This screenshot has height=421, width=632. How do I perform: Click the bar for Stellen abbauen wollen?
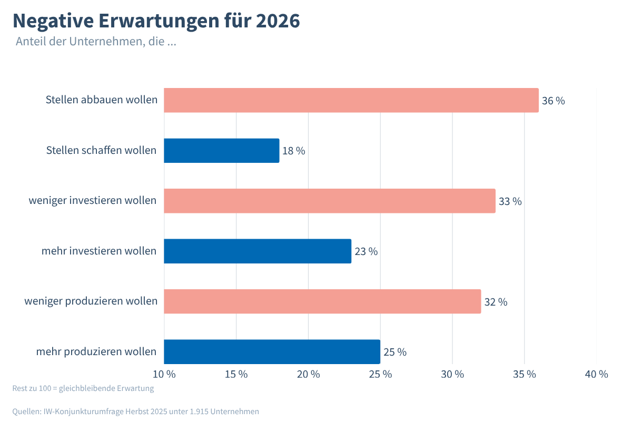(351, 100)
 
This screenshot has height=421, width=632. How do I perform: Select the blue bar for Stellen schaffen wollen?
(221, 151)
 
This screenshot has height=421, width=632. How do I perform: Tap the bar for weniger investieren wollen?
(330, 201)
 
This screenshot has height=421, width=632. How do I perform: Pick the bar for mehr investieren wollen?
(258, 251)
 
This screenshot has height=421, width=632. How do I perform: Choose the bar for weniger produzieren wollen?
(322, 301)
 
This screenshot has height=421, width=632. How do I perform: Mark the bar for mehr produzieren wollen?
(272, 351)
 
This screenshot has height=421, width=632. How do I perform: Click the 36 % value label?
(553, 101)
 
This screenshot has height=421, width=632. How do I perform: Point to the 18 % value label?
(293, 151)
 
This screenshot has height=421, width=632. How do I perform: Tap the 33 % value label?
(510, 201)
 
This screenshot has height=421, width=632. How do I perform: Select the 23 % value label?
(366, 252)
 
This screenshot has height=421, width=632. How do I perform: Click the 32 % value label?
(496, 302)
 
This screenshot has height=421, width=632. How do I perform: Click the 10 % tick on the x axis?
(164, 374)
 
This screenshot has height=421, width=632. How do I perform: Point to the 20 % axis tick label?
(308, 374)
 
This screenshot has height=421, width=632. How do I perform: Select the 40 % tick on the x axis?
(596, 374)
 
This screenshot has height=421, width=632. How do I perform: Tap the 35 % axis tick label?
(525, 374)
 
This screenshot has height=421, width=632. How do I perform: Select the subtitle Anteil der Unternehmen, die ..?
(96, 42)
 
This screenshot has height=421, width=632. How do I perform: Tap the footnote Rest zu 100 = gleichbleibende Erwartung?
(83, 389)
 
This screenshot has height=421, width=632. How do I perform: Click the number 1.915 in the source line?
(198, 412)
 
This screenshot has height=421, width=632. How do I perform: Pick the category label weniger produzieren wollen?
(91, 301)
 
